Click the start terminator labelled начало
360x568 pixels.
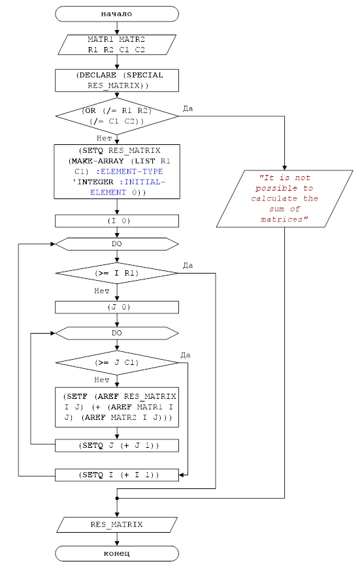tap(117, 14)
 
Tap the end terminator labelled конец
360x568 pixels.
tap(117, 554)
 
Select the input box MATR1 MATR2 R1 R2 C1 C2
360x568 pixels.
tap(117, 44)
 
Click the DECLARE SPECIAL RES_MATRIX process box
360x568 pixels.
tap(117, 80)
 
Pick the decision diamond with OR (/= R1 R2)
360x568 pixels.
tap(117, 116)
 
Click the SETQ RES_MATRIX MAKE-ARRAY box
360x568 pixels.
tap(117, 172)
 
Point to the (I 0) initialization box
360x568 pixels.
tap(117, 221)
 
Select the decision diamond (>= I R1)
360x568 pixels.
tap(117, 273)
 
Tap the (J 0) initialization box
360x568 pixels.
tap(117, 308)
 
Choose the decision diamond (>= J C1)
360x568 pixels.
tap(117, 362)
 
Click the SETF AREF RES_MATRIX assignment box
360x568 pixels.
tap(117, 407)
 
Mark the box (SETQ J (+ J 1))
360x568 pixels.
tap(117, 445)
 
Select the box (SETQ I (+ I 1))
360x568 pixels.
tap(117, 475)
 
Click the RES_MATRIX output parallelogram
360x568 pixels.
tap(117, 524)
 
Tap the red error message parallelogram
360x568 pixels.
tap(285, 199)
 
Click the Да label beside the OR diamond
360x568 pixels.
tap(188, 108)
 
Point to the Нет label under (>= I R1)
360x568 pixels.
tap(101, 291)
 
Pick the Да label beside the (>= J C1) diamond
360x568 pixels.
tap(186, 355)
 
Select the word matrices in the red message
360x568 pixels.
tap(282, 219)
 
